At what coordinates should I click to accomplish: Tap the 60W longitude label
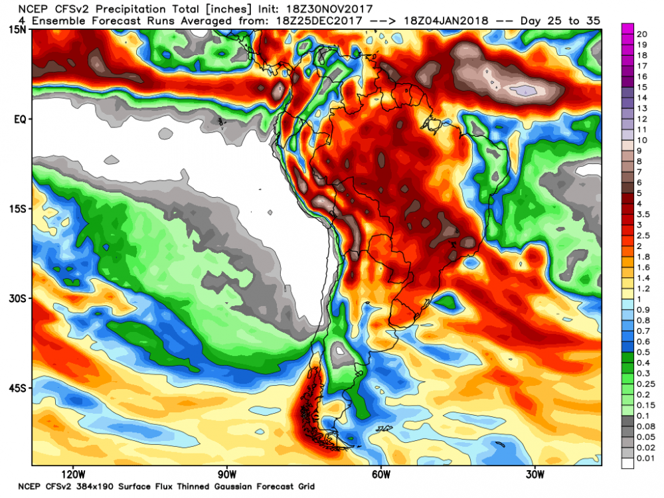[380, 475]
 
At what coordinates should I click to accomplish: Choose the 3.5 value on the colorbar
[644, 214]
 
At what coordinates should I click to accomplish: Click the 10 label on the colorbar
[642, 140]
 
